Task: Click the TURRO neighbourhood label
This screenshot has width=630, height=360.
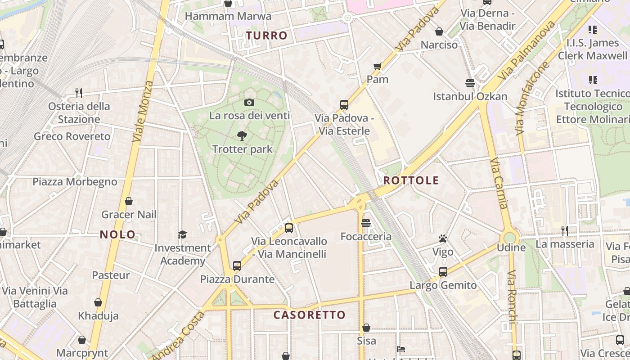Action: tap(266, 36)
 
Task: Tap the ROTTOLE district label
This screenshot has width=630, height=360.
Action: tap(411, 180)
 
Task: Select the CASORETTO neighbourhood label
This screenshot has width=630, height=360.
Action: tap(310, 315)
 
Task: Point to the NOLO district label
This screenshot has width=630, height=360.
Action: tap(117, 234)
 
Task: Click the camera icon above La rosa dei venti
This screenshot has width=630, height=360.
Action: tap(249, 103)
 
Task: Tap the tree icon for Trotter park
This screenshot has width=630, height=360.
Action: tap(242, 135)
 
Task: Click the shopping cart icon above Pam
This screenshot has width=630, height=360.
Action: tap(378, 66)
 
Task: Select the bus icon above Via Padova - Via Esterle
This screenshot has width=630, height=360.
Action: tap(344, 105)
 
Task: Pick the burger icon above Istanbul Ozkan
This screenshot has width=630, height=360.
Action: tap(470, 83)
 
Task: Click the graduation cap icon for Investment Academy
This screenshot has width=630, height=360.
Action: tap(182, 234)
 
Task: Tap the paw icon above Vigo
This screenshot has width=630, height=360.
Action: tap(443, 238)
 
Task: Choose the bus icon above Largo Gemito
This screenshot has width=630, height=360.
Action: tap(443, 272)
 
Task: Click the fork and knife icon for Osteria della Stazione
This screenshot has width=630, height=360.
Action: tap(79, 93)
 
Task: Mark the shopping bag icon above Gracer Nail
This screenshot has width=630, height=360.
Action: tap(129, 201)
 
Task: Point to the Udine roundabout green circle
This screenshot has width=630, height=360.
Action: tap(509, 238)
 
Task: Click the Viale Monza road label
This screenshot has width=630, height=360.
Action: tap(143, 112)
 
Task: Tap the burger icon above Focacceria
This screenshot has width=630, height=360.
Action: tap(366, 223)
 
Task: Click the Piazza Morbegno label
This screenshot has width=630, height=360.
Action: tap(75, 182)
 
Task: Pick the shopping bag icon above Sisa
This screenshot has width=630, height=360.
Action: tap(366, 328)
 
